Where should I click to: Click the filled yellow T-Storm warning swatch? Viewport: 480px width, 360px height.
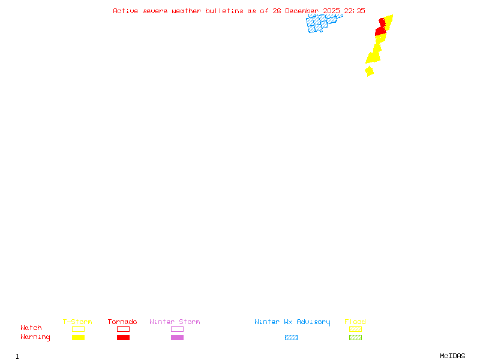[x=78, y=337]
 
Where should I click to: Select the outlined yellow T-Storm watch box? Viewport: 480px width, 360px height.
[x=78, y=329]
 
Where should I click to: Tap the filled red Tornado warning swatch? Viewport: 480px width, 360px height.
[x=123, y=337]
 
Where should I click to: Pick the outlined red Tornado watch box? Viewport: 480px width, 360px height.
[x=123, y=329]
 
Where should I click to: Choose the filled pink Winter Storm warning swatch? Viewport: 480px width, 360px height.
[x=177, y=337]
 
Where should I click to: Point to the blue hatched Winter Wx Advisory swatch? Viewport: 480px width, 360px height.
[x=291, y=337]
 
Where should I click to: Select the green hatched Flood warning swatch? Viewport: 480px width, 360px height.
[x=355, y=337]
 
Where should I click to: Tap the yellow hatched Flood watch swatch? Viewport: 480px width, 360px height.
[x=355, y=329]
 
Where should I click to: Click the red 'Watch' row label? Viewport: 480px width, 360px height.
[x=31, y=328]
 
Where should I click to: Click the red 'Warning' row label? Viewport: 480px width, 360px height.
[x=35, y=337]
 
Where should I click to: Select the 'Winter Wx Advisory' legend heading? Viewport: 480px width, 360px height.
[x=292, y=322]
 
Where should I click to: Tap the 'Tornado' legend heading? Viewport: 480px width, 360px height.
[x=122, y=322]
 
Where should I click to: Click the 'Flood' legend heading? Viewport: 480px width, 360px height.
[x=355, y=322]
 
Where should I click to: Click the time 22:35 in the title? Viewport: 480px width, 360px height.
[x=355, y=11]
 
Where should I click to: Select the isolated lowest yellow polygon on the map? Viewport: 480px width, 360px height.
[x=369, y=71]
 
